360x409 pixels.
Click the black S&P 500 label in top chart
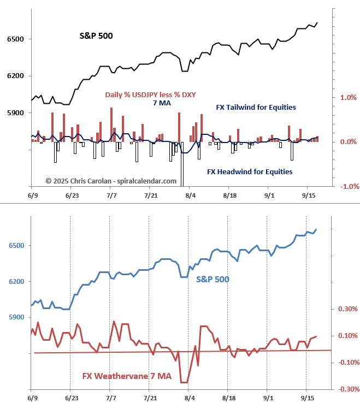coord(97,36)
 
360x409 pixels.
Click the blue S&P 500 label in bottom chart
coord(213,279)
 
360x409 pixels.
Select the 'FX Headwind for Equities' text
coord(250,171)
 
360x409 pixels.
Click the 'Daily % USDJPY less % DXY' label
coord(150,94)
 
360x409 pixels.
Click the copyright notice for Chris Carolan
coord(111,181)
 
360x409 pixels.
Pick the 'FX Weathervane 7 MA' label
coord(124,376)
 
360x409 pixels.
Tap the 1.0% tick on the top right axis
coord(348,98)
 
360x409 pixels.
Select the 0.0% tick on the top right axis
coord(348,142)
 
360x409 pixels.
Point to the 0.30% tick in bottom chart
coord(347,309)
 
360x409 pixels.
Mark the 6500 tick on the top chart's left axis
coord(15,39)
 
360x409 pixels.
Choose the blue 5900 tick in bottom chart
coord(15,317)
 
